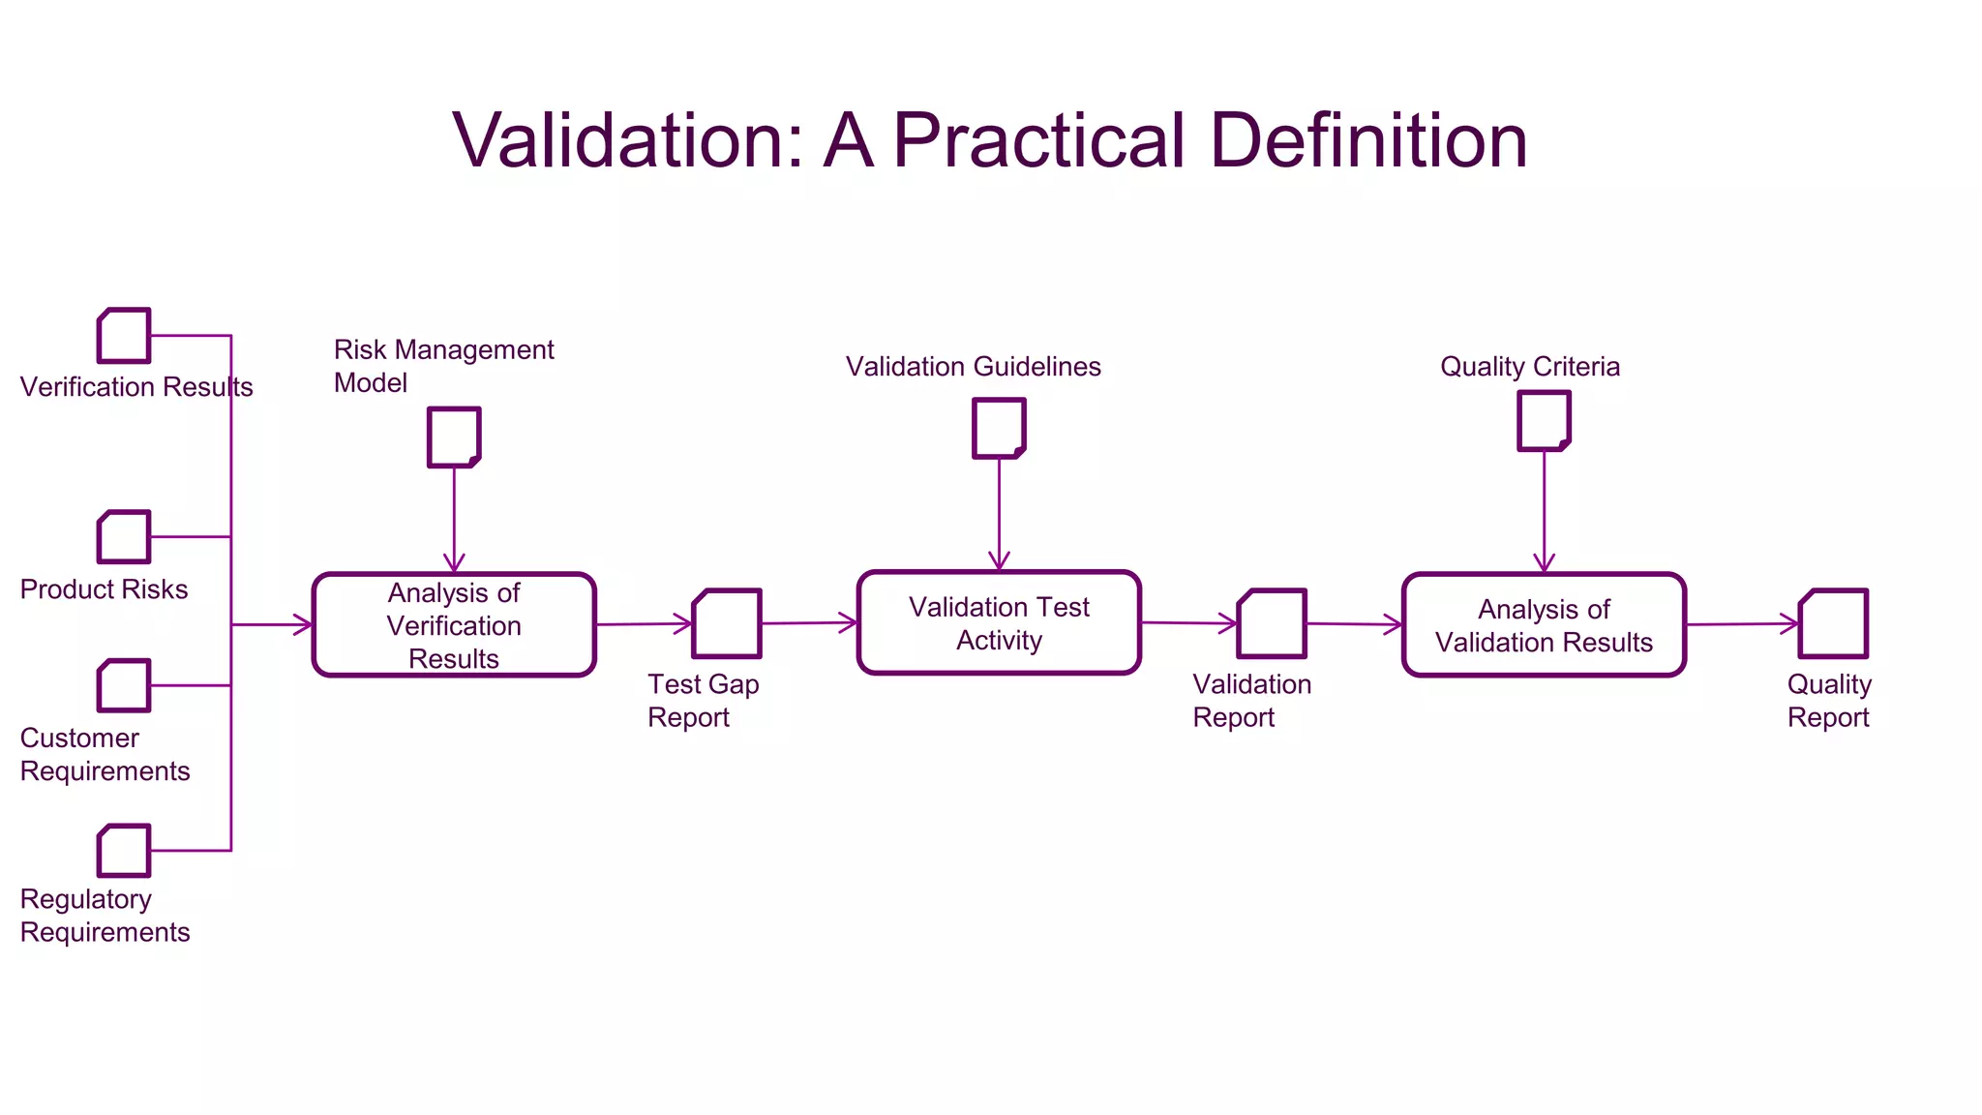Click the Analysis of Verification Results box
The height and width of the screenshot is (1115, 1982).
pos(454,624)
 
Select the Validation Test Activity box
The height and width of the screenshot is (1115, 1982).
pos(999,622)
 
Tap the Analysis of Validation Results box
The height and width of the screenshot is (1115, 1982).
pos(1544,624)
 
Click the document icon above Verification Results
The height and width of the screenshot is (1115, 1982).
pos(124,336)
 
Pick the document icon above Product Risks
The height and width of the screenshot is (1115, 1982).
pos(124,537)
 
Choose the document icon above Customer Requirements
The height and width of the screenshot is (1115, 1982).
pos(124,685)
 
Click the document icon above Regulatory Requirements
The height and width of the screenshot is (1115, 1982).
pos(124,851)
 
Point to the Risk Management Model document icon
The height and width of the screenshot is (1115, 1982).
pos(454,437)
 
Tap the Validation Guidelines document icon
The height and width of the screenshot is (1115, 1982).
pos(999,428)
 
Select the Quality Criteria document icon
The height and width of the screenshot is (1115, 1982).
pos(1544,421)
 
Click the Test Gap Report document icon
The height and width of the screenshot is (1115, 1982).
pos(727,623)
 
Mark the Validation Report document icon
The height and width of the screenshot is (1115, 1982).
pos(1272,623)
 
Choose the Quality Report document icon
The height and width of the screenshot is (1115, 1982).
pos(1833,623)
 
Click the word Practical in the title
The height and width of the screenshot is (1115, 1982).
pos(1037,141)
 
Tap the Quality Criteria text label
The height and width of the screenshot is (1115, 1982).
pos(1529,367)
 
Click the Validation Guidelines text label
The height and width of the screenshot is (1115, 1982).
pos(973,367)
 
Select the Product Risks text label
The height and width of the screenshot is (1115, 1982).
pos(104,589)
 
